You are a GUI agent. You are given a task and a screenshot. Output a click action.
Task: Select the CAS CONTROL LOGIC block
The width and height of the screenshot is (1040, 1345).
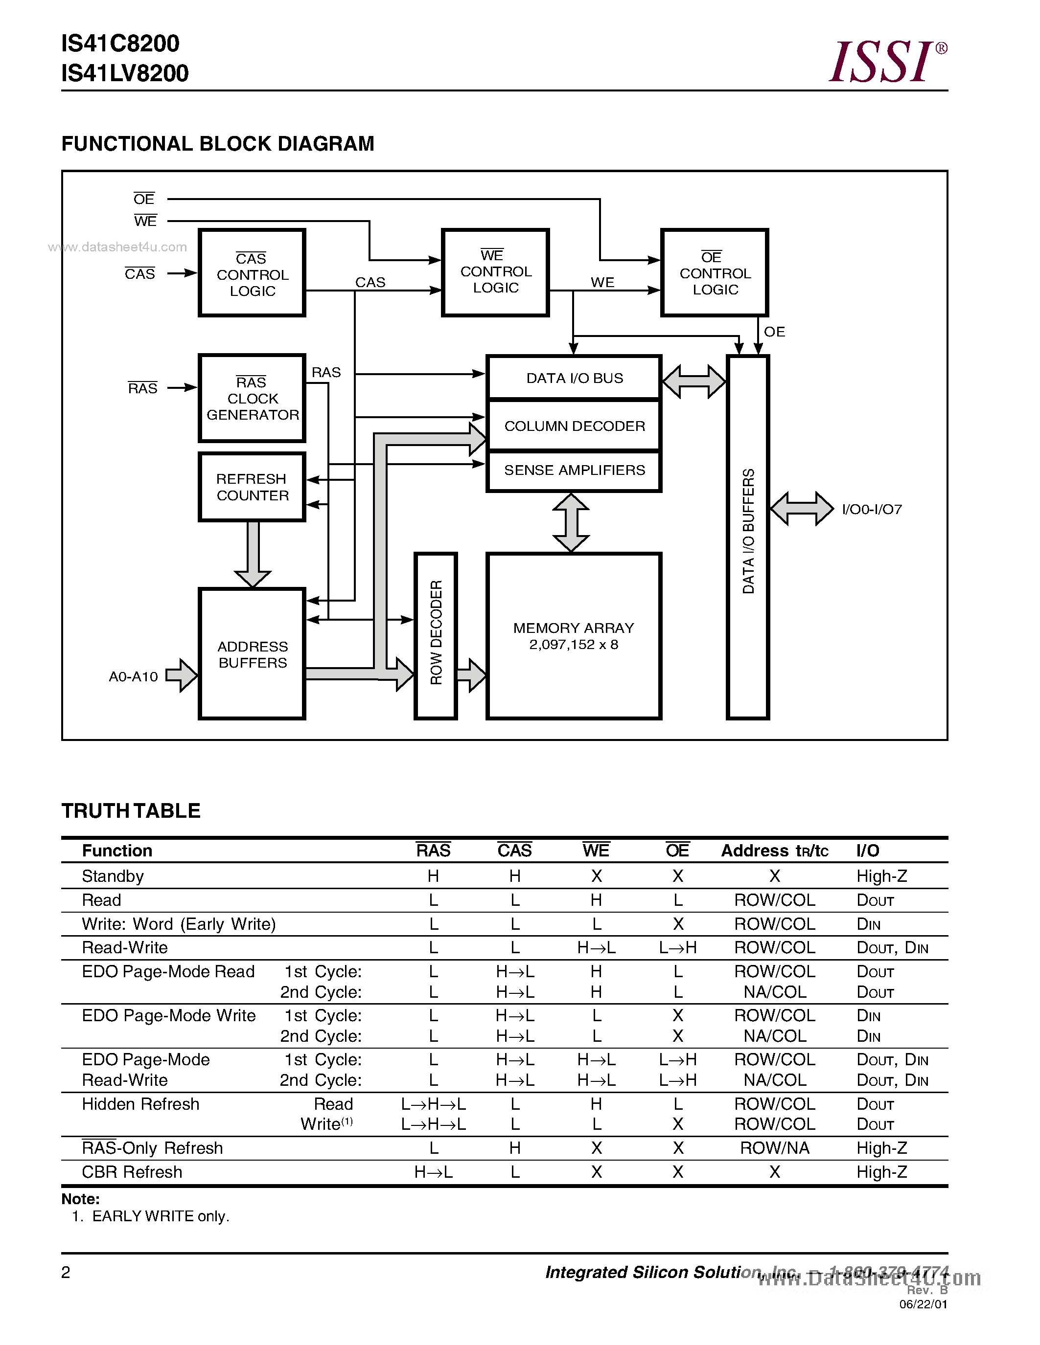pyautogui.click(x=252, y=273)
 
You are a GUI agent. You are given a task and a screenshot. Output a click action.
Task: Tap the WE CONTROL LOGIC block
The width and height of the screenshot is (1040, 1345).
pyautogui.click(x=495, y=272)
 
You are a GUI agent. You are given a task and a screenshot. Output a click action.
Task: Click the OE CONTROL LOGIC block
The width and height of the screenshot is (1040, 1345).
pyautogui.click(x=714, y=273)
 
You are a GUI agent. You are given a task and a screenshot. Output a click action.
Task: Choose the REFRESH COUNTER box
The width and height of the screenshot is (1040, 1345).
pyautogui.click(x=252, y=487)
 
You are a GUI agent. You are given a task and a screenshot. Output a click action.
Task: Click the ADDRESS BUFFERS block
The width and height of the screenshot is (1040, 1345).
pyautogui.click(x=252, y=654)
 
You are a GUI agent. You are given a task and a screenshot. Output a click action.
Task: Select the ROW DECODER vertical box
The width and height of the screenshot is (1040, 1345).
pyautogui.click(x=436, y=635)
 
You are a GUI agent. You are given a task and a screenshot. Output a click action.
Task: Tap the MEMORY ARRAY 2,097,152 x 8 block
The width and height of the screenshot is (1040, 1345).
pyautogui.click(x=574, y=635)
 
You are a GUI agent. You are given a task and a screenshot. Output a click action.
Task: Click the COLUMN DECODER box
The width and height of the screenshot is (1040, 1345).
pyautogui.click(x=574, y=426)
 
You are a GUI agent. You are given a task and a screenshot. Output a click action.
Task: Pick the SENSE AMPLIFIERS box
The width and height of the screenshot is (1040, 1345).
pyautogui.click(x=574, y=471)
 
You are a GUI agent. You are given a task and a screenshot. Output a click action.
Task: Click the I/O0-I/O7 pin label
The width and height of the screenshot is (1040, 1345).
pyautogui.click(x=871, y=509)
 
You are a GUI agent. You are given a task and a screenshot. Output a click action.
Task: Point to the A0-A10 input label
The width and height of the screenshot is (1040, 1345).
pyautogui.click(x=133, y=677)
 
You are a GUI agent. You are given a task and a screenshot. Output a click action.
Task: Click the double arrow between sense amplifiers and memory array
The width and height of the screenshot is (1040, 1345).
pyautogui.click(x=571, y=522)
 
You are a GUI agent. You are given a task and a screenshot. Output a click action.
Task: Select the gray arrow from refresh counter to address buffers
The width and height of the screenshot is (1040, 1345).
pyautogui.click(x=253, y=554)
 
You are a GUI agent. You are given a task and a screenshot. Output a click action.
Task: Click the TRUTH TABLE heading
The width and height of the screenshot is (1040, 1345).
pyautogui.click(x=131, y=810)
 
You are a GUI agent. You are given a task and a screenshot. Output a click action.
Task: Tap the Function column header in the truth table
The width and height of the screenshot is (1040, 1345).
pyautogui.click(x=117, y=851)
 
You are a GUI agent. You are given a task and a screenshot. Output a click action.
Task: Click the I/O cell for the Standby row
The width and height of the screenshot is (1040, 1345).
pyautogui.click(x=881, y=876)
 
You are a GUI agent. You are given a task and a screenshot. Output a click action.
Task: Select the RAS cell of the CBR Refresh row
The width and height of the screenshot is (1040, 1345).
pyautogui.click(x=433, y=1172)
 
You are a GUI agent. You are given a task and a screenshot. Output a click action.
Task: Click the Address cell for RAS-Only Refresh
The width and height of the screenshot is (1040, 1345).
pyautogui.click(x=774, y=1148)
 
